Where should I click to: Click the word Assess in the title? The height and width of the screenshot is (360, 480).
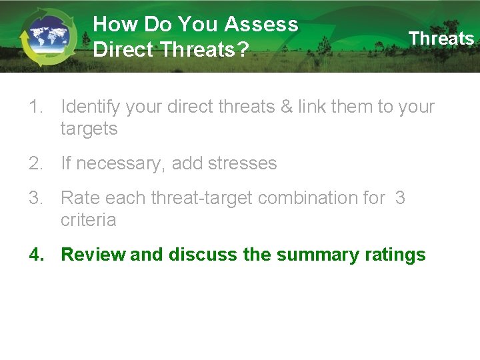(261, 25)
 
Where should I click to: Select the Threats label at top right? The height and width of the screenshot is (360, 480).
(441, 39)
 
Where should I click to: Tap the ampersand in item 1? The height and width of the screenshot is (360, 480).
(287, 107)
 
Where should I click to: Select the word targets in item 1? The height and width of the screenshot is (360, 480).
(89, 129)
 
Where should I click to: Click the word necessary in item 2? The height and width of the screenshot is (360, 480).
(120, 164)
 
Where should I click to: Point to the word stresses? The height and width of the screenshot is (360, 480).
(243, 163)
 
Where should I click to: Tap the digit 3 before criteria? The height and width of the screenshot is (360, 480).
(400, 198)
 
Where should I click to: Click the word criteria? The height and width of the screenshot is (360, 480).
(88, 220)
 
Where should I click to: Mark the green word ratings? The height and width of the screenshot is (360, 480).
(395, 255)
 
